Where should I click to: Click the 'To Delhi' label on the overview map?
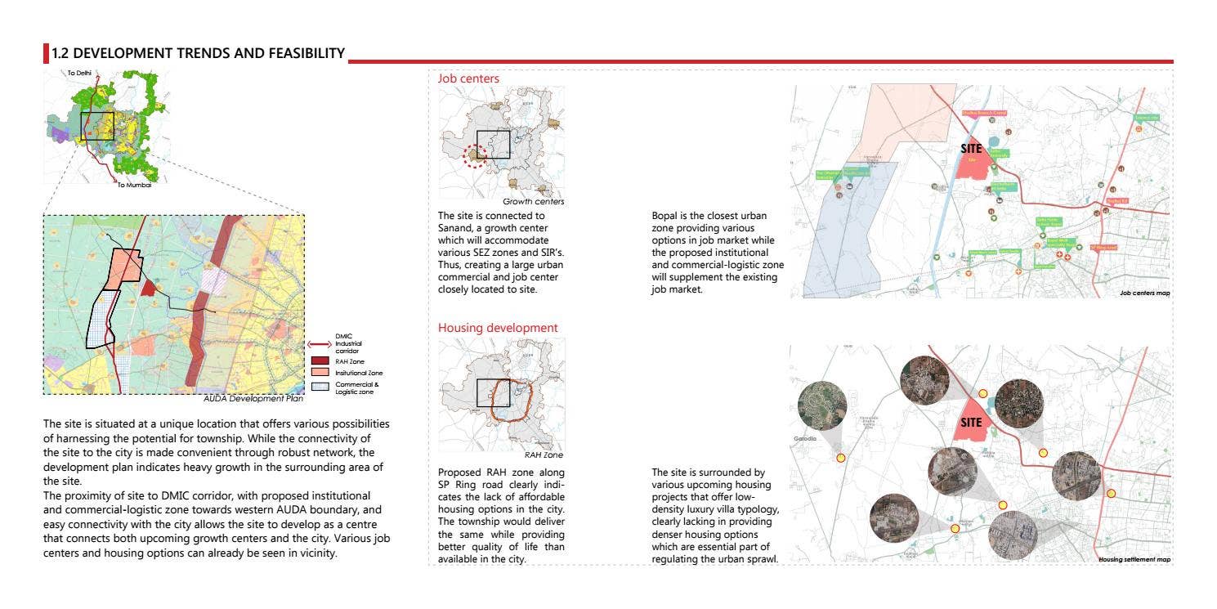(79, 74)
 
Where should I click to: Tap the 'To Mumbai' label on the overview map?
(134, 185)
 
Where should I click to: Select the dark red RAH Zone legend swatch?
(320, 360)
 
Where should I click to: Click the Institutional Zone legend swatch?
(320, 373)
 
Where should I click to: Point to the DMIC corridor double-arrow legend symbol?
(319, 344)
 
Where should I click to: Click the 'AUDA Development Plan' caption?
(253, 400)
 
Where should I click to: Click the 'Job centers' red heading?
(468, 78)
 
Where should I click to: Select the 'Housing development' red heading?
(498, 328)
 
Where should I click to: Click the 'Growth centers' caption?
(533, 201)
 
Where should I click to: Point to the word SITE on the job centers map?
(971, 149)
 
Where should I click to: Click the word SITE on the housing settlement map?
(971, 423)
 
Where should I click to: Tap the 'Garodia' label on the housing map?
(805, 438)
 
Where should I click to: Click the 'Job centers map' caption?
(1144, 293)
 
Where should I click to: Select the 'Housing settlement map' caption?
(1134, 559)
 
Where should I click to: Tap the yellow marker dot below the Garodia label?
(841, 458)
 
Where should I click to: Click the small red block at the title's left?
(46, 54)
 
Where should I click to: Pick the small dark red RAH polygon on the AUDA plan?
(148, 287)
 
